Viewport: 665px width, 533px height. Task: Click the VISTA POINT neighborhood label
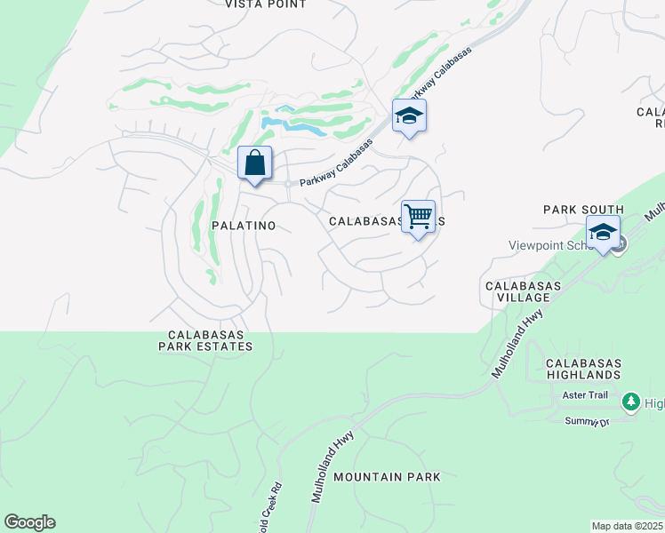pos(265,4)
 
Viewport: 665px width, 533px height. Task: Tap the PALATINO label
pos(243,226)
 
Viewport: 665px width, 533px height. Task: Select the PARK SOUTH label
pos(583,210)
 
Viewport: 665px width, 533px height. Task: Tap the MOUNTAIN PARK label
pos(387,477)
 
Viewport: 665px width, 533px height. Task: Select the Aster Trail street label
pos(585,402)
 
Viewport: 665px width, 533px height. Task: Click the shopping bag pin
pos(254,163)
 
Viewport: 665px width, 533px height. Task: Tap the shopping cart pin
pos(418,217)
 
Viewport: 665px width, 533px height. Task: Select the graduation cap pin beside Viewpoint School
pos(603,233)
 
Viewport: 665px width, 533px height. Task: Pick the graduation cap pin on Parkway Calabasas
pos(409,115)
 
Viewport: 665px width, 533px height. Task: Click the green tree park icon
pos(632,402)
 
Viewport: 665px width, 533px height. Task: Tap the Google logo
pos(29,522)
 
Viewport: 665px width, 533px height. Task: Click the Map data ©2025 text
pos(627,526)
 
